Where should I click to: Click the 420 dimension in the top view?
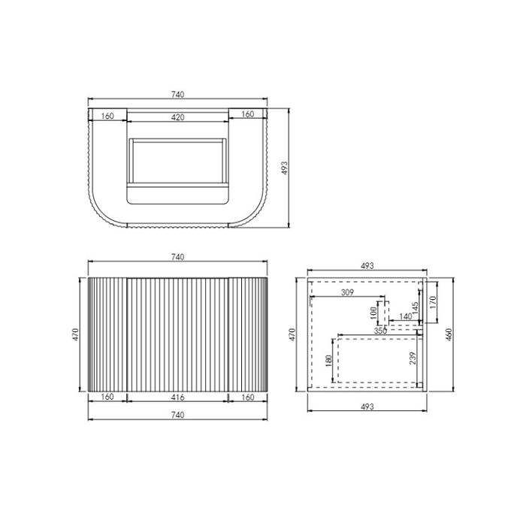(x=178, y=116)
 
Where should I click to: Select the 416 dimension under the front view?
(x=178, y=397)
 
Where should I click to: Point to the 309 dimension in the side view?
(x=347, y=292)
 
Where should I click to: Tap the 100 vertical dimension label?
(x=373, y=311)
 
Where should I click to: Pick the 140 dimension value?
(x=406, y=317)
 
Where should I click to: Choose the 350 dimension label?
(x=380, y=331)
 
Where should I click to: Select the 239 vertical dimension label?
(x=412, y=359)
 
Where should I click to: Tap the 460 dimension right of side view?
(x=449, y=333)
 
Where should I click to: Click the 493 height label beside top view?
(x=284, y=168)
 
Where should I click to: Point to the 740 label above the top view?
(x=178, y=95)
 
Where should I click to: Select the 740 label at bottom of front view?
(x=178, y=414)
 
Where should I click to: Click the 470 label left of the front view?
(x=76, y=333)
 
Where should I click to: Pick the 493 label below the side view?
(x=367, y=407)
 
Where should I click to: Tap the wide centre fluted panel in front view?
(x=178, y=333)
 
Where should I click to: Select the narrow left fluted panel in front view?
(x=107, y=333)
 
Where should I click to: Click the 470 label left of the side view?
(x=294, y=333)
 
